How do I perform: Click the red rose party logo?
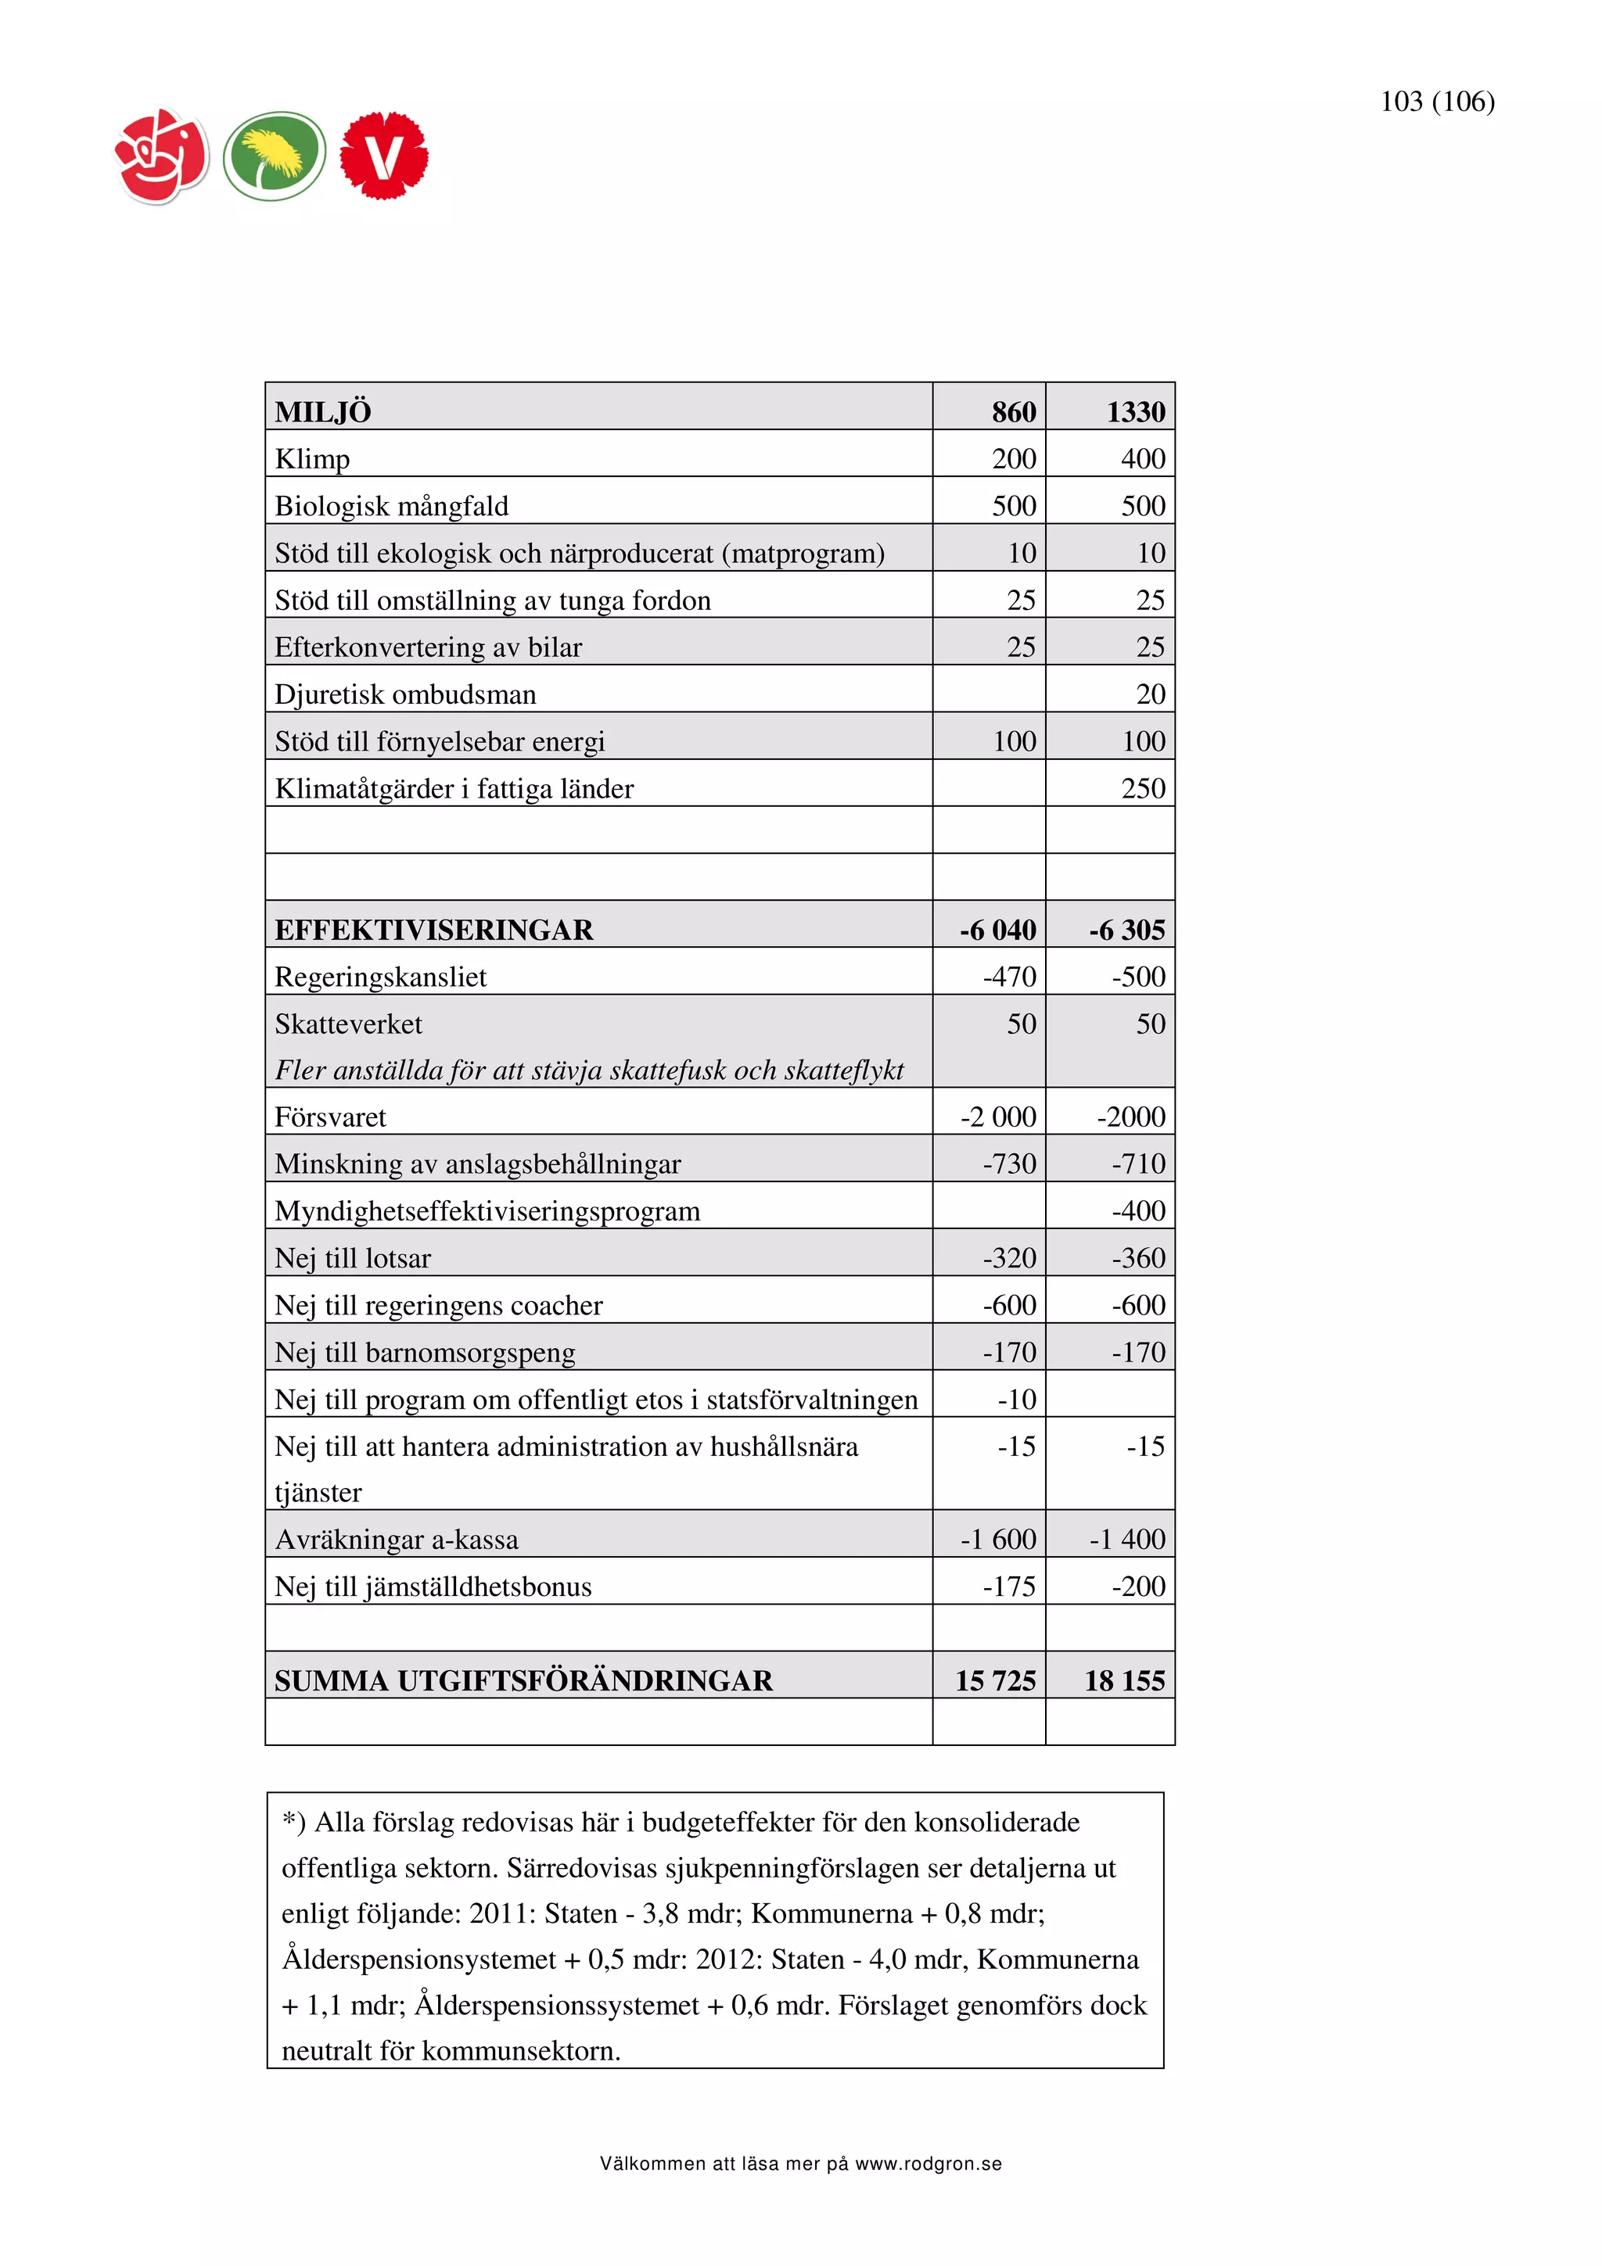(x=162, y=156)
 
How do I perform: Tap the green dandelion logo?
(x=274, y=156)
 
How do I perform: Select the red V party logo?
(x=384, y=156)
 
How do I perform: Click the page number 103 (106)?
(x=1436, y=102)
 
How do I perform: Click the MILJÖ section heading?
(x=323, y=411)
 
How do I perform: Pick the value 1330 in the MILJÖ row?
(x=1135, y=411)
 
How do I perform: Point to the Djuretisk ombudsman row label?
(x=404, y=695)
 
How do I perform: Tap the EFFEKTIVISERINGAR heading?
(x=433, y=930)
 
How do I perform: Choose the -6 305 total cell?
(x=1126, y=930)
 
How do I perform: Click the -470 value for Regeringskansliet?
(x=1009, y=977)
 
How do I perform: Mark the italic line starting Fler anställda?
(x=588, y=1070)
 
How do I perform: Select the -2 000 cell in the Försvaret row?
(x=998, y=1117)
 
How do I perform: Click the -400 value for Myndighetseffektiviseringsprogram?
(x=1138, y=1211)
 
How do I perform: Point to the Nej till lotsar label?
(x=352, y=1258)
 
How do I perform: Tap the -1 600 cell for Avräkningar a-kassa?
(x=998, y=1540)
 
